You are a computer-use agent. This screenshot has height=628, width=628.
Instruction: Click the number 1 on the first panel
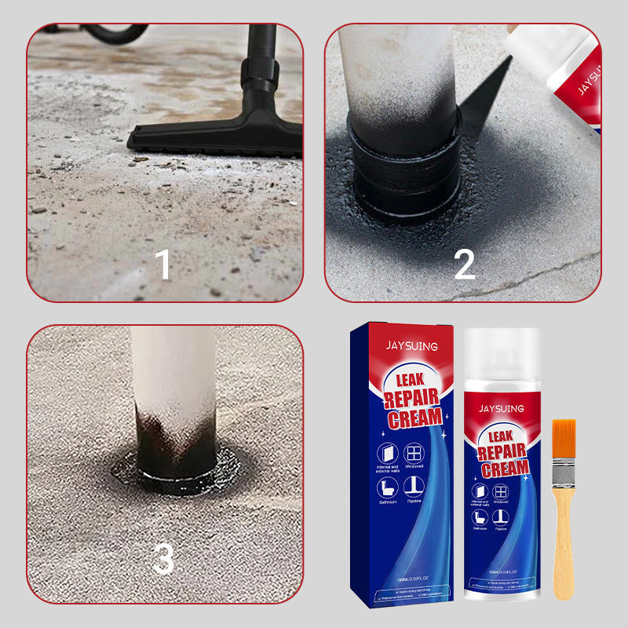click(163, 265)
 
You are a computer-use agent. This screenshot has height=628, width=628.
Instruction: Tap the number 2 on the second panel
click(464, 265)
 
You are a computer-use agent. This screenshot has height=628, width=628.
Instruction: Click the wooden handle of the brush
click(564, 549)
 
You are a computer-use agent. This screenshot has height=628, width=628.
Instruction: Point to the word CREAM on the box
click(413, 417)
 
